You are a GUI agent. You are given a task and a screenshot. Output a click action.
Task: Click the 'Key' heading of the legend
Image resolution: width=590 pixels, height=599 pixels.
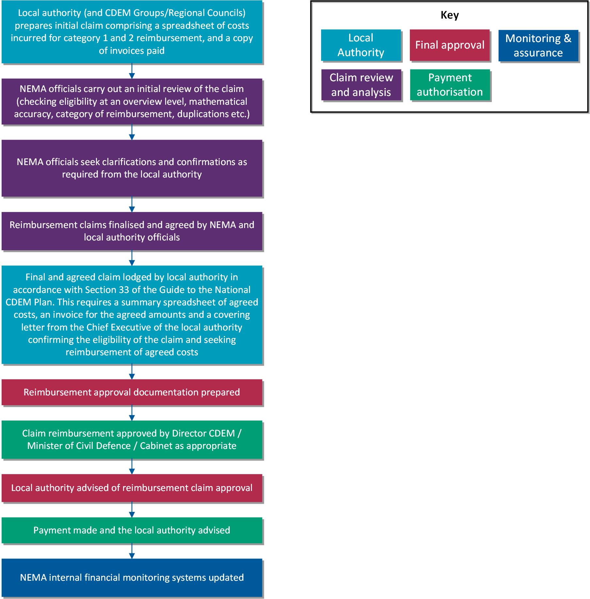pyautogui.click(x=450, y=15)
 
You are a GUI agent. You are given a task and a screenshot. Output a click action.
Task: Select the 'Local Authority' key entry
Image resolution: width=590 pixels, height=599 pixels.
pyautogui.click(x=361, y=45)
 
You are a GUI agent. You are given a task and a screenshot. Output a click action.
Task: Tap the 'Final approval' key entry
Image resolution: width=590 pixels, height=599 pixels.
pyautogui.click(x=450, y=45)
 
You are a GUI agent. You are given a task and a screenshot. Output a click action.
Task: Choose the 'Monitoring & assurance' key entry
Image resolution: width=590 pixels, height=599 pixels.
pyautogui.click(x=538, y=45)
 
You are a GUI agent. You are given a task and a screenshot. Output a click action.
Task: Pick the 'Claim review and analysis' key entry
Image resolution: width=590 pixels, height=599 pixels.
pyautogui.click(x=361, y=85)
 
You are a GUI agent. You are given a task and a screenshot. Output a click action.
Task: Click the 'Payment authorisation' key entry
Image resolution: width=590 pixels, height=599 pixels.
pyautogui.click(x=450, y=85)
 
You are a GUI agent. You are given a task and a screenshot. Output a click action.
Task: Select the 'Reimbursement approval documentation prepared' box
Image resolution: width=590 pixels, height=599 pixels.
pyautogui.click(x=132, y=392)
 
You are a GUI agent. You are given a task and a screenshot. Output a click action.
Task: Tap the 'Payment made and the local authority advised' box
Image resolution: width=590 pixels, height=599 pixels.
pyautogui.click(x=132, y=530)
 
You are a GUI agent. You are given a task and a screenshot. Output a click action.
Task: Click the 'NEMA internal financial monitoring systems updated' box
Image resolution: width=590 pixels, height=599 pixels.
pyautogui.click(x=132, y=577)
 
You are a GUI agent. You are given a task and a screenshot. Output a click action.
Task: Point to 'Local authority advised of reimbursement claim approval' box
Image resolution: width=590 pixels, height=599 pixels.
pyautogui.click(x=132, y=488)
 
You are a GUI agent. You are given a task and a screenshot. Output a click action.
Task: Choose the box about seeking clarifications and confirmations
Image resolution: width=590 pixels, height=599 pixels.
pyautogui.click(x=132, y=168)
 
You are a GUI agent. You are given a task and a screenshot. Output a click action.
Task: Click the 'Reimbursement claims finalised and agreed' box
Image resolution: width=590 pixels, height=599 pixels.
pyautogui.click(x=132, y=231)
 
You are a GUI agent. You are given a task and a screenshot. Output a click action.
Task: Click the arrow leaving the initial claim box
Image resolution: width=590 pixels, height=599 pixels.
pyautogui.click(x=132, y=71)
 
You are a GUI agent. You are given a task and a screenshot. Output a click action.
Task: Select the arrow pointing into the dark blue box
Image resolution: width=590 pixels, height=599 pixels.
pyautogui.click(x=132, y=551)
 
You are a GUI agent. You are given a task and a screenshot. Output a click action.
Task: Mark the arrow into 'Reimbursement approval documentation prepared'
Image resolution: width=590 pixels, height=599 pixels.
pyautogui.click(x=132, y=371)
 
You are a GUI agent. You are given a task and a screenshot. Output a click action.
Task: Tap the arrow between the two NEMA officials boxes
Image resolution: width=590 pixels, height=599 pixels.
pyautogui.click(x=132, y=132)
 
